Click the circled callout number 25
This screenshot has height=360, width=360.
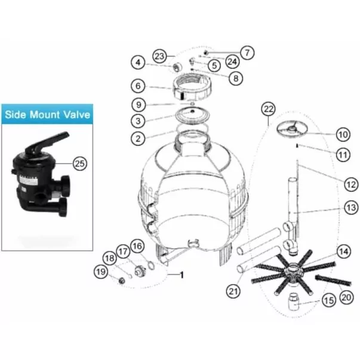pos(80,164)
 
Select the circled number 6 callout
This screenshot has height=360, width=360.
pos(138,86)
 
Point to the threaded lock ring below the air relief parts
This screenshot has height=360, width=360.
pos(192,88)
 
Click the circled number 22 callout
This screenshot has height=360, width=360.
pos(269,109)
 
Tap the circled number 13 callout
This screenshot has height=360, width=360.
pos(351,208)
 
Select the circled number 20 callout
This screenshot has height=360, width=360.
pos(346,298)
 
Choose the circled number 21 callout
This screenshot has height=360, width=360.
pos(233,291)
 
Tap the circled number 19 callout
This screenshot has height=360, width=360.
pos(101,272)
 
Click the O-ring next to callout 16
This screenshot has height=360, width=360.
pos(151,266)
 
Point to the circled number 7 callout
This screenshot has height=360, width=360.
pos(247,53)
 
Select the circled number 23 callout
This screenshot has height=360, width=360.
pos(159,56)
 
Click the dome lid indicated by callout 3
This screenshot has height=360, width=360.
pos(192,115)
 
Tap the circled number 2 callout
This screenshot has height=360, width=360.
pos(138,139)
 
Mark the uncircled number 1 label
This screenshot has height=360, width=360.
pos(182,275)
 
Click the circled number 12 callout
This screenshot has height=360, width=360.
pos(351,184)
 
